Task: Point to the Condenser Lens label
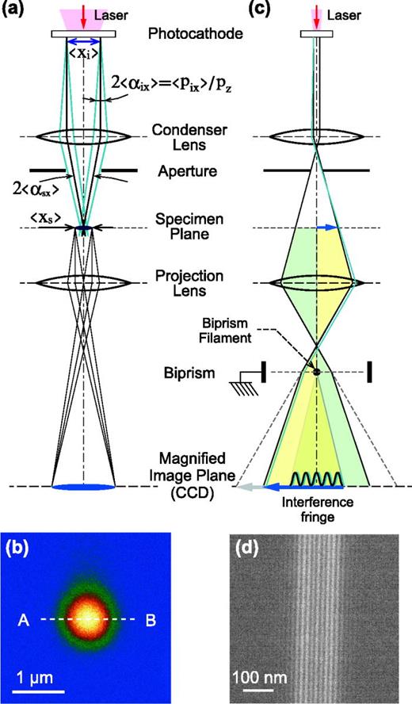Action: click(182, 137)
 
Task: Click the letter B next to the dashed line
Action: click(148, 619)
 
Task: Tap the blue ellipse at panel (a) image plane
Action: click(83, 486)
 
